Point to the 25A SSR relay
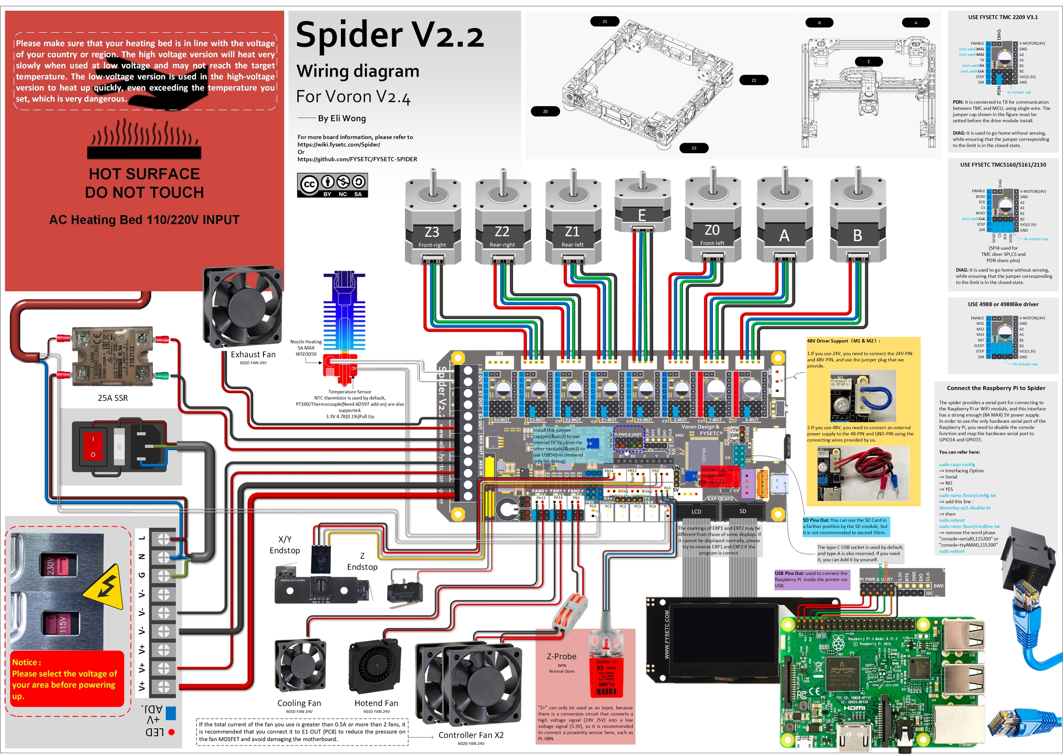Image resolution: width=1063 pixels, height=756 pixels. click(x=112, y=356)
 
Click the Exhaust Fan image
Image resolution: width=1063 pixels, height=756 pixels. click(x=243, y=307)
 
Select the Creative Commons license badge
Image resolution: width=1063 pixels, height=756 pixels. click(x=332, y=185)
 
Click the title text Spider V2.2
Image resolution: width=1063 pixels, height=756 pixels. click(x=390, y=36)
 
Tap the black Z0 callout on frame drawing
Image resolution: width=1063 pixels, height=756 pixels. click(x=545, y=111)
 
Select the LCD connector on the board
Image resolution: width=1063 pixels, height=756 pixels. click(x=696, y=510)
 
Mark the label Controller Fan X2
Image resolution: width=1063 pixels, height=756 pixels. click(x=471, y=735)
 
